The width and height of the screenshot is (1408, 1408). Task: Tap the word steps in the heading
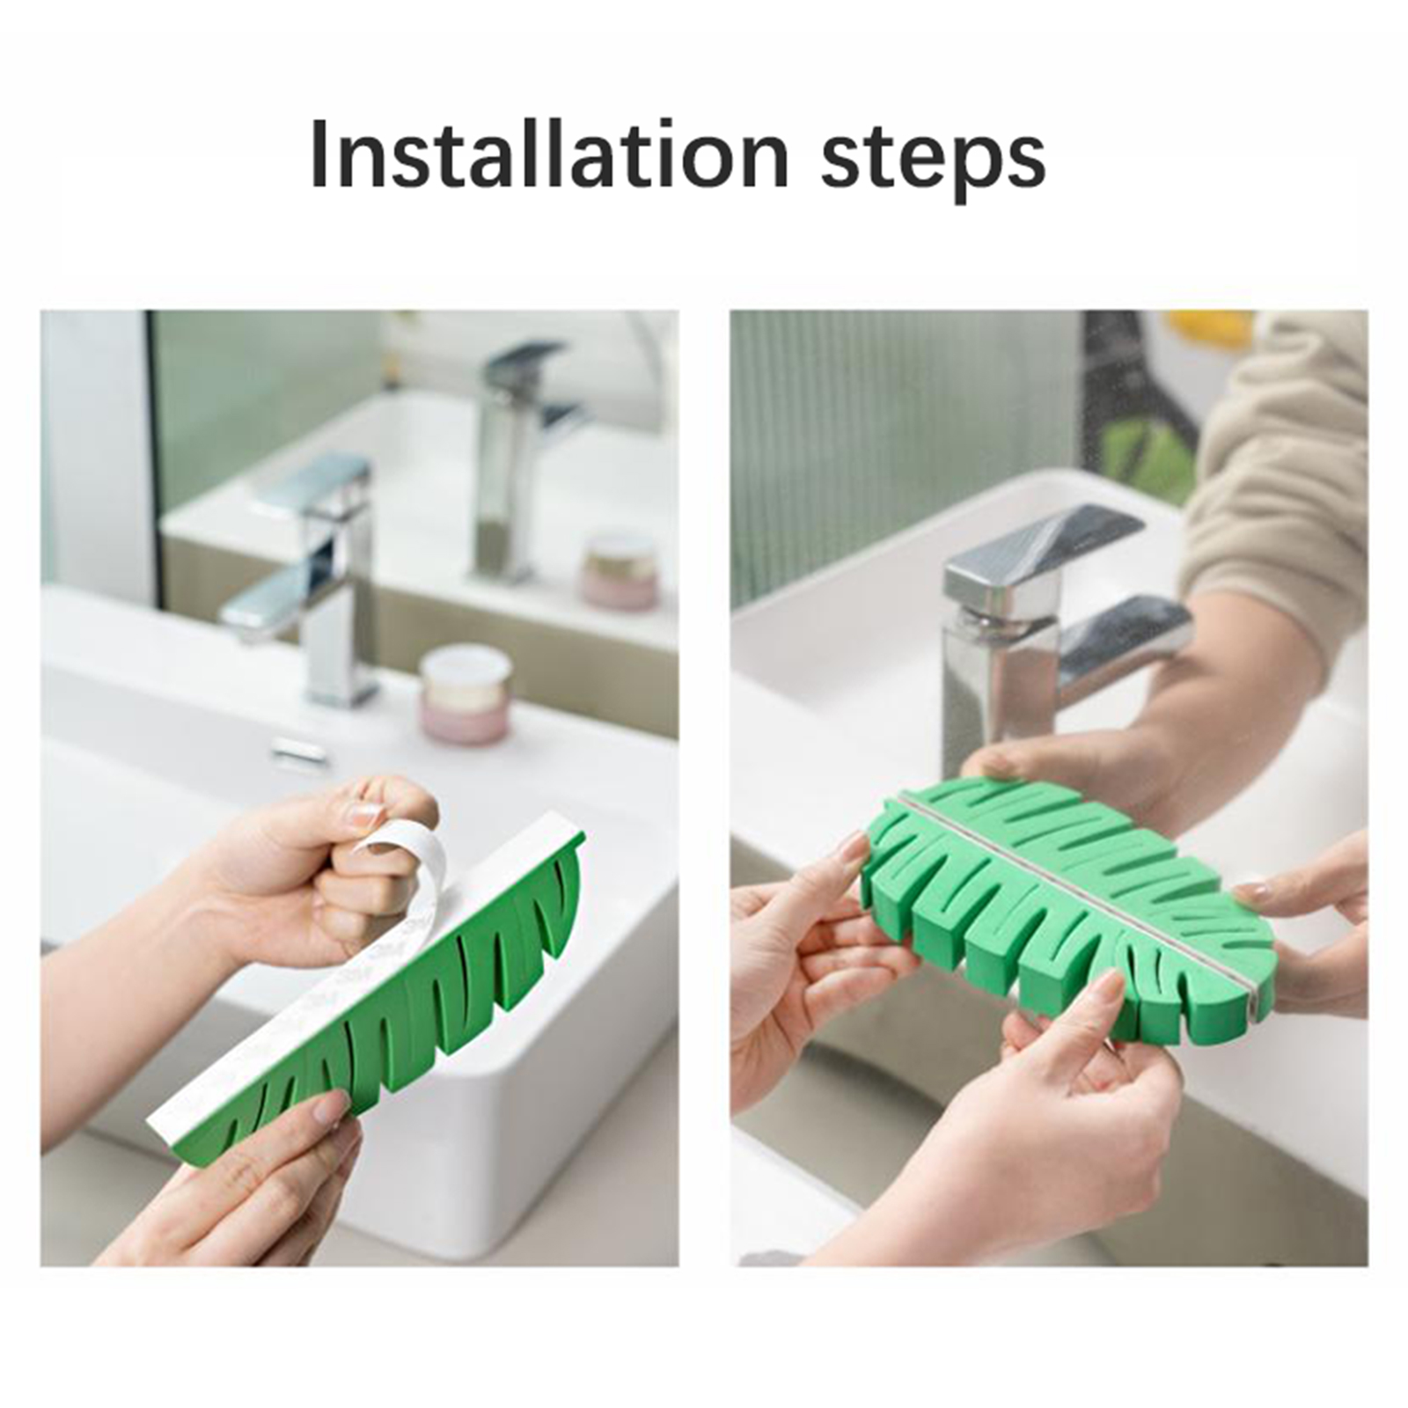pyautogui.click(x=934, y=161)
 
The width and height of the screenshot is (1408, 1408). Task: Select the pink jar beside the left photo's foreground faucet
pyautogui.click(x=465, y=694)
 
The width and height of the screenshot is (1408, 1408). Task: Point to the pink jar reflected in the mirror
pyautogui.click(x=620, y=571)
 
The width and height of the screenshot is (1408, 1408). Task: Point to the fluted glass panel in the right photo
pyautogui.click(x=906, y=440)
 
